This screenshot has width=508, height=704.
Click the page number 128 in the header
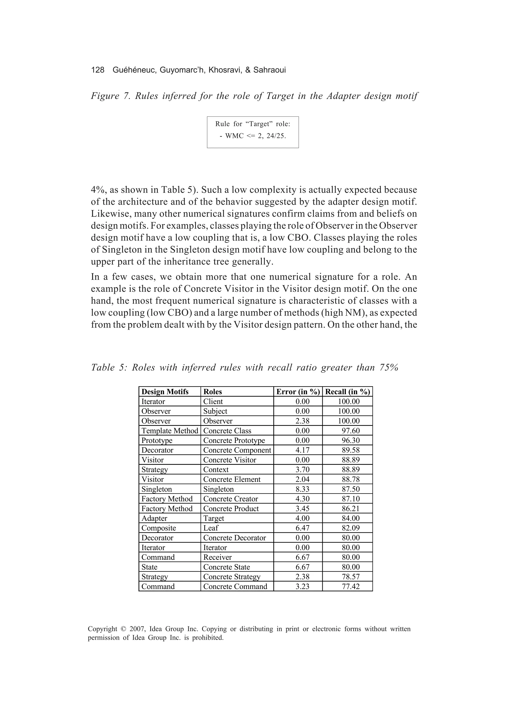click(98, 70)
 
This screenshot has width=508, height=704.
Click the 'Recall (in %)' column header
click(347, 392)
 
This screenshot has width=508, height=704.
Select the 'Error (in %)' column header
click(298, 392)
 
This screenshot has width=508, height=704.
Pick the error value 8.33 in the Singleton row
click(302, 489)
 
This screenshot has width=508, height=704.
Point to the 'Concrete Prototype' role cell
click(234, 440)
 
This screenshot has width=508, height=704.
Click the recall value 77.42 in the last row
click(351, 586)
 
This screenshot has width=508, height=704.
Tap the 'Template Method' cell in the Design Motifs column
click(169, 431)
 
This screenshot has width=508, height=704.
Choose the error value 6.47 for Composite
click(302, 528)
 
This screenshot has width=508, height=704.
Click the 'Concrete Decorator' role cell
click(234, 538)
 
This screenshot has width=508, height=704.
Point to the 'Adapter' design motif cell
click(154, 518)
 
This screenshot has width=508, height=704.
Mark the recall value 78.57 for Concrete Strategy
click(351, 577)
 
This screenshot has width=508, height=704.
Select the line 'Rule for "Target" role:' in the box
click(253, 124)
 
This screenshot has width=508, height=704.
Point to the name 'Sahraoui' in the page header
click(269, 70)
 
